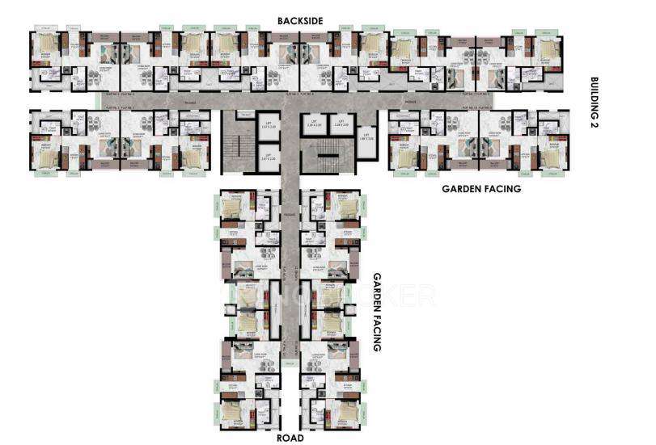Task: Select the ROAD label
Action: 290,438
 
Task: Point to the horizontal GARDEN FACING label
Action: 480,188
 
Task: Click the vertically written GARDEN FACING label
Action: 376,311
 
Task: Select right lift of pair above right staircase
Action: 341,124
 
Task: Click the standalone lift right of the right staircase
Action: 366,136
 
